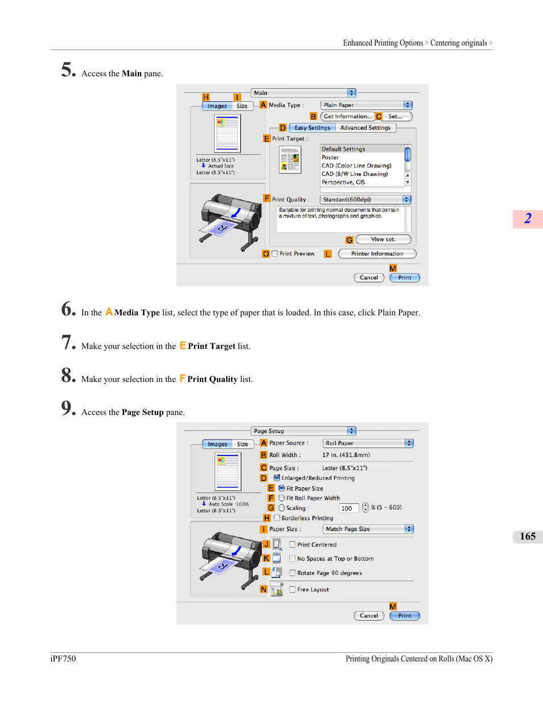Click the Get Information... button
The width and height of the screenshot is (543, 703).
(348, 117)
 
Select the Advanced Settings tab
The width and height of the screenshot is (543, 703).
(365, 128)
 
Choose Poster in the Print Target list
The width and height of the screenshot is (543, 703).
(330, 158)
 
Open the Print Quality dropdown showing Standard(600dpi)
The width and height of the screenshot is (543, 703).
(365, 200)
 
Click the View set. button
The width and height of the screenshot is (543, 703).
(383, 240)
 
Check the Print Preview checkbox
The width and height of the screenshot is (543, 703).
(274, 254)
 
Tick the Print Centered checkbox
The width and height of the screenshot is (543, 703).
(292, 545)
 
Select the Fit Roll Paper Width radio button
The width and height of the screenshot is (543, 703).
(281, 498)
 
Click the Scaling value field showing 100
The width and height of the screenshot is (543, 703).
(349, 508)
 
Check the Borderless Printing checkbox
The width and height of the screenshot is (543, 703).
(277, 518)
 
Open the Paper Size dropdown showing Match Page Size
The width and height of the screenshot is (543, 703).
(368, 529)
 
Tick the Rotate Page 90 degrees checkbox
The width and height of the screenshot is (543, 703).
(292, 573)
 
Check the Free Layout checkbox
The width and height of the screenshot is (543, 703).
(292, 590)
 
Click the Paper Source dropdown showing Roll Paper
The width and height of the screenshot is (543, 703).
(368, 443)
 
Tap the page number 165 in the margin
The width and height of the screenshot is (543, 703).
(528, 536)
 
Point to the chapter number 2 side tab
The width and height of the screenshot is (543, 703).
(528, 219)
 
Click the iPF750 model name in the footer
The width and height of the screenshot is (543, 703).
(63, 659)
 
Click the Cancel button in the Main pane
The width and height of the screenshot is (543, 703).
(369, 278)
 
